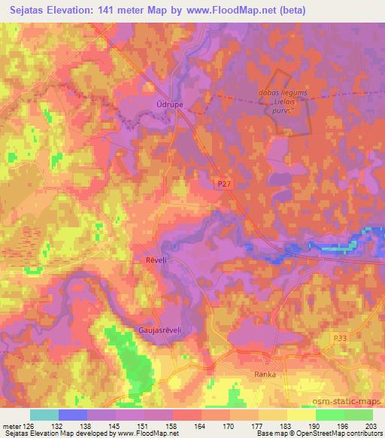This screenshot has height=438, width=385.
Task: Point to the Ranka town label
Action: (265, 374)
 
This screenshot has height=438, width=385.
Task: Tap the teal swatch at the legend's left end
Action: (44, 415)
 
